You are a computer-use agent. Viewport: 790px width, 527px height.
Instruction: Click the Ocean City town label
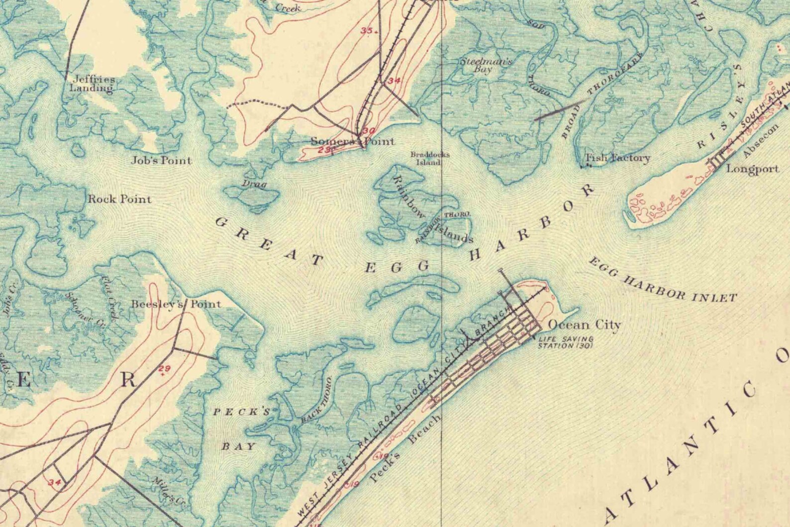point(584,325)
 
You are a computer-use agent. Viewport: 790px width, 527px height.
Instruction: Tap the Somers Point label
point(352,141)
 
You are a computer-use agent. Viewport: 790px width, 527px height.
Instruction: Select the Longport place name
point(752,169)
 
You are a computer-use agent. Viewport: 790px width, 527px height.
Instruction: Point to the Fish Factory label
point(617,158)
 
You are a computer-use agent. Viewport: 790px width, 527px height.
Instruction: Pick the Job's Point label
point(161,161)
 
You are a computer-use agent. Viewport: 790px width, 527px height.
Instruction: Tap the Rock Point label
point(119,200)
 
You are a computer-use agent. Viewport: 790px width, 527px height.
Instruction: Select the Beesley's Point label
point(176,304)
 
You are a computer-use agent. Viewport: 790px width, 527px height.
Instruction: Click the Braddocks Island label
point(430,158)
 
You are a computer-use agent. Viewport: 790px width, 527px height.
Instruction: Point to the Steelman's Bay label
point(485,65)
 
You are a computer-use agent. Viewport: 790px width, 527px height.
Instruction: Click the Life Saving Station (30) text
point(565,343)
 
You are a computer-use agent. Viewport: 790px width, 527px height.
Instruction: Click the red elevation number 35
point(367,31)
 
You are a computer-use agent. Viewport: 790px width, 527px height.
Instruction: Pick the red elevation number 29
point(165,369)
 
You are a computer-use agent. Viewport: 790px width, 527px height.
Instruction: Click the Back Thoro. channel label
point(316,401)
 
